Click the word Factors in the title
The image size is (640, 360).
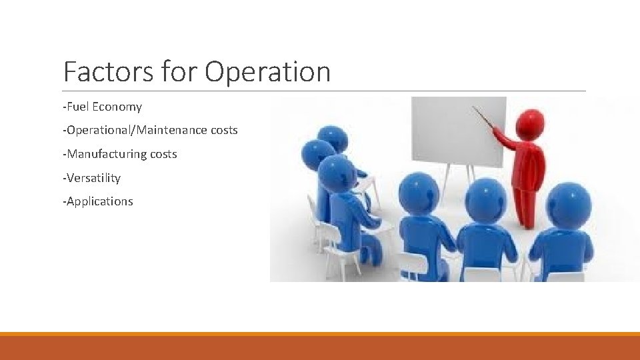[x=108, y=71]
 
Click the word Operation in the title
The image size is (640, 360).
[x=267, y=71]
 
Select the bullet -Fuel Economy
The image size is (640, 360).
[x=102, y=107]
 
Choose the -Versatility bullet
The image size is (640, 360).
[x=91, y=178]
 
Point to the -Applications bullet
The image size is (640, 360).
[x=98, y=201]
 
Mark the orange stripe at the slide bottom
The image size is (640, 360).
[x=320, y=334]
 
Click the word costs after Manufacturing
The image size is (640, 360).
[x=163, y=154]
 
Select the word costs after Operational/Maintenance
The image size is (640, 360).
[x=224, y=130]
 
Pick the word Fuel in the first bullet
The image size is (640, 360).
[x=77, y=107]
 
